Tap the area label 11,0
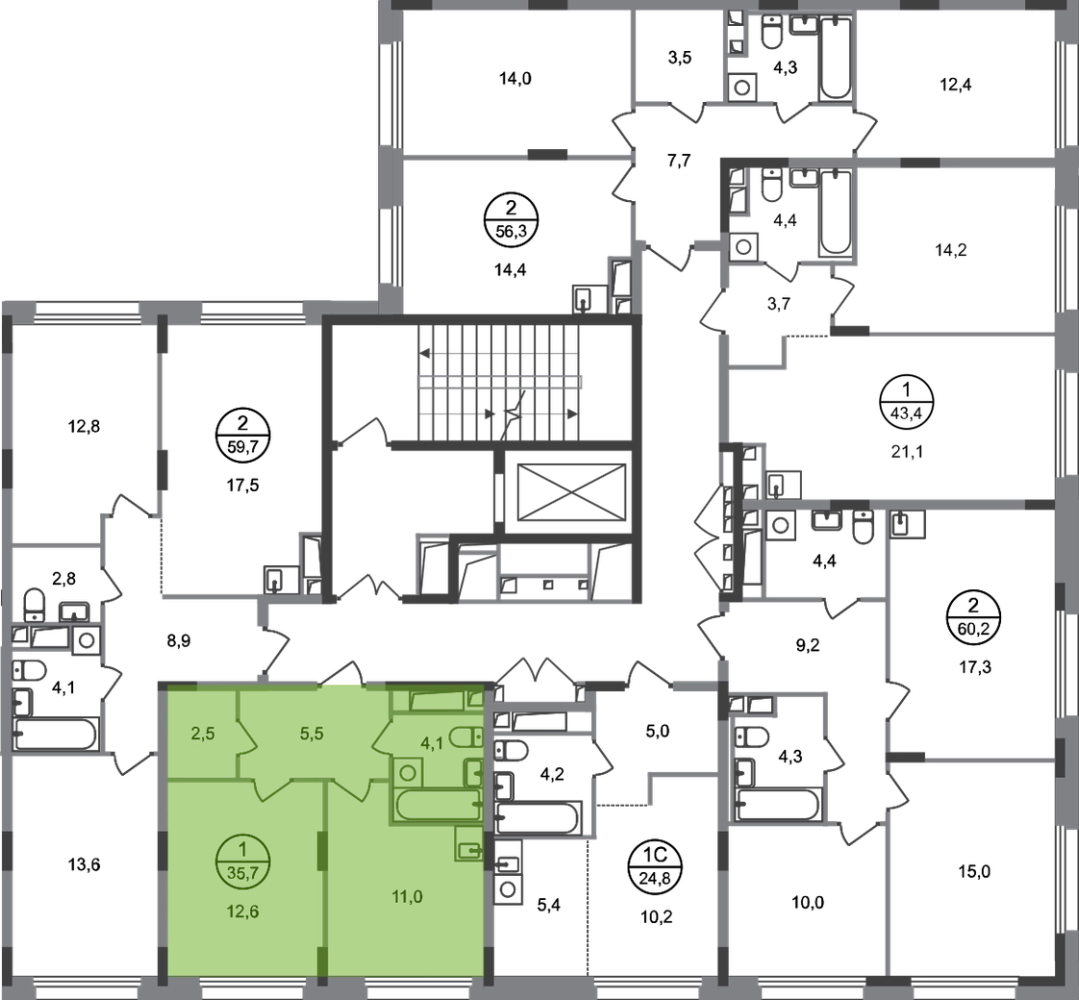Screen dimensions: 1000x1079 click(x=408, y=897)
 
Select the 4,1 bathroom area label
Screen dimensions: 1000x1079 click(x=429, y=741)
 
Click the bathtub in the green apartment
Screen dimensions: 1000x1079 click(x=436, y=805)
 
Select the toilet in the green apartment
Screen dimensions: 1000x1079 click(x=466, y=738)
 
